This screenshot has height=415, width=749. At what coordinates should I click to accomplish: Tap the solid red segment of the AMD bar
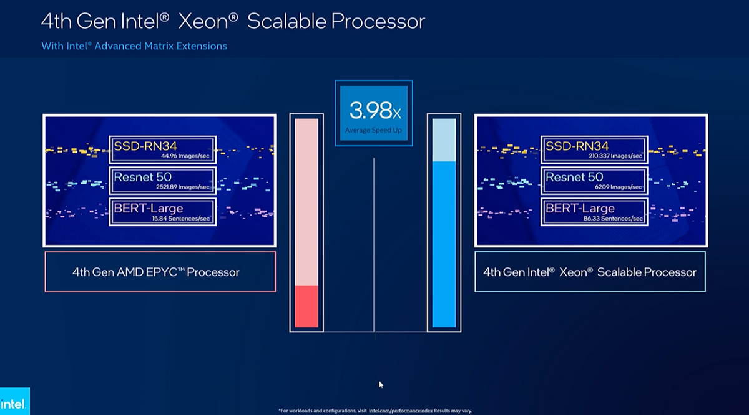coord(306,306)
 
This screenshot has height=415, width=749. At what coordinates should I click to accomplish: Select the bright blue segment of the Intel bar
coord(444,244)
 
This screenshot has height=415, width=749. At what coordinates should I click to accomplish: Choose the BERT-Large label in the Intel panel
coord(580,208)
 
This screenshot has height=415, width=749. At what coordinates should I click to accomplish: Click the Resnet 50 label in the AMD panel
coord(142,176)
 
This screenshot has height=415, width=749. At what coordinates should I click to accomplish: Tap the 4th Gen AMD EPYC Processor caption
coord(156,272)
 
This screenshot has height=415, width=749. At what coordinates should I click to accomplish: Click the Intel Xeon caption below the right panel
coord(590,272)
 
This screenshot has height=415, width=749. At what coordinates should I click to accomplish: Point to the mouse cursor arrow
coord(381,384)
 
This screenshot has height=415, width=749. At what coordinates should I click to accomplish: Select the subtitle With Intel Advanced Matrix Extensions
coord(134,46)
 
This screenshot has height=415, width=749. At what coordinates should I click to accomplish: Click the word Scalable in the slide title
coord(286,21)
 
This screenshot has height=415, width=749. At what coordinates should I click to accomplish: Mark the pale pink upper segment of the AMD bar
coord(306,200)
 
